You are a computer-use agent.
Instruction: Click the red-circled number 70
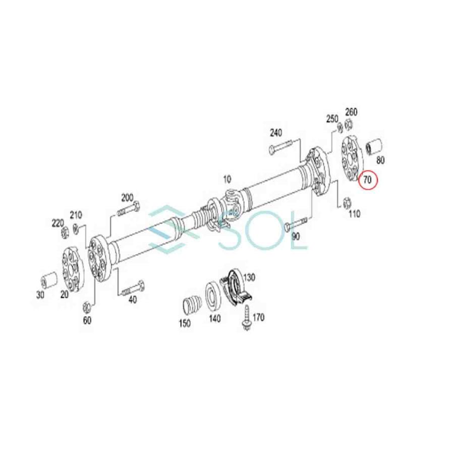[x=368, y=179]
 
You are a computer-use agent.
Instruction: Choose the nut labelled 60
[x=86, y=306]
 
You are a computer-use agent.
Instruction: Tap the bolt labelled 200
[x=129, y=209]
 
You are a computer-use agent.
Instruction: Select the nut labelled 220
[x=66, y=233]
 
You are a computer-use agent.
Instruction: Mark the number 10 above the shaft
[x=227, y=179]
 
